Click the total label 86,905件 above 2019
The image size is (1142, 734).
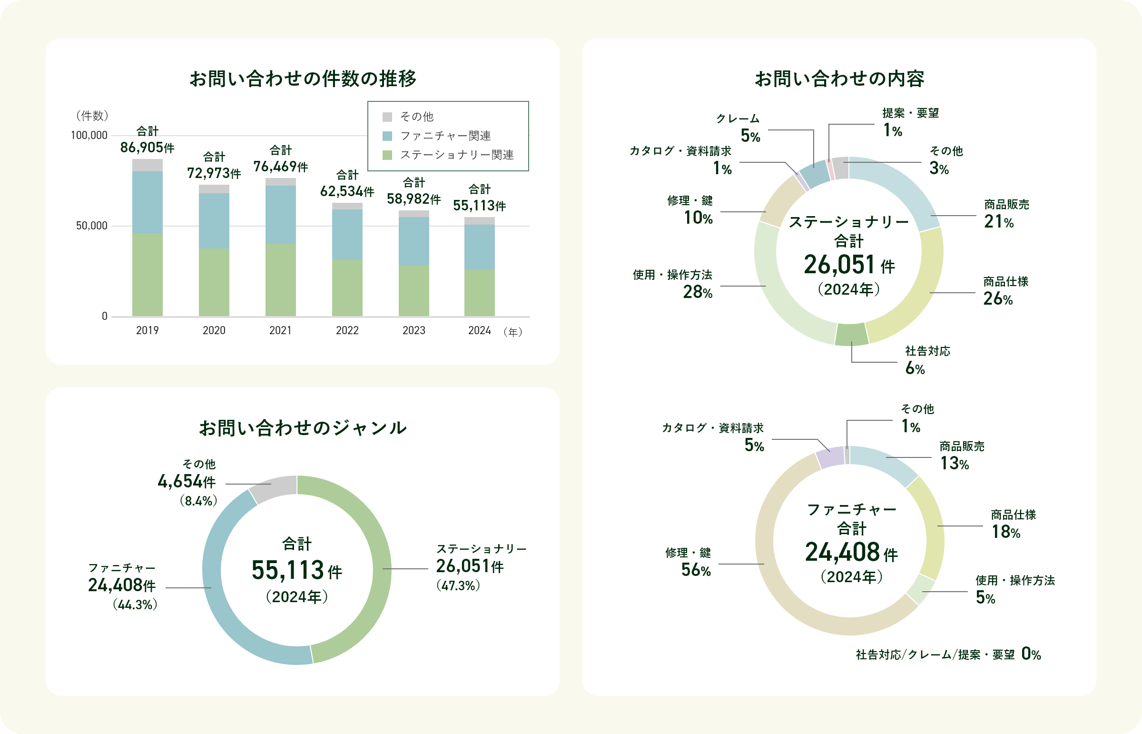(x=147, y=147)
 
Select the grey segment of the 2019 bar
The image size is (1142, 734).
(x=147, y=165)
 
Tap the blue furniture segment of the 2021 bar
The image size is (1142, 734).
(x=281, y=215)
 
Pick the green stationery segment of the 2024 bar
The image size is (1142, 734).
(x=479, y=293)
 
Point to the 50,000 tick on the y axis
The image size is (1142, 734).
(x=91, y=226)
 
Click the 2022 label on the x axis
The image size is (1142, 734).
(x=347, y=330)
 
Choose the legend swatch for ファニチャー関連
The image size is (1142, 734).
(x=387, y=136)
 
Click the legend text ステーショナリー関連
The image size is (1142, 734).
(x=456, y=155)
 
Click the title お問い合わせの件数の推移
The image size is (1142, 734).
(x=303, y=79)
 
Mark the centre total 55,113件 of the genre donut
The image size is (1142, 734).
(x=296, y=570)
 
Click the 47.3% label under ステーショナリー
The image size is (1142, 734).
(x=458, y=586)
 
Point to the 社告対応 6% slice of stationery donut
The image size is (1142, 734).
(x=852, y=335)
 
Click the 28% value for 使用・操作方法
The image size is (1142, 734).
(x=698, y=292)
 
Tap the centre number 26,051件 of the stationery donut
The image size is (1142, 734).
(x=848, y=265)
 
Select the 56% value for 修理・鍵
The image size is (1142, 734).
(x=696, y=570)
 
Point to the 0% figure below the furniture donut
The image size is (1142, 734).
(x=1031, y=654)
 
